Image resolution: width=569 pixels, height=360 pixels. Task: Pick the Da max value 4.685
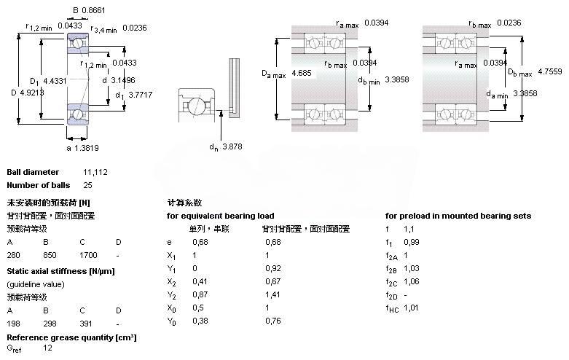coord(302,74)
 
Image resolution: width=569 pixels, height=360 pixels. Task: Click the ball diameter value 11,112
coord(95,172)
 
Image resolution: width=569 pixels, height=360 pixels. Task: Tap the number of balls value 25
coord(88,185)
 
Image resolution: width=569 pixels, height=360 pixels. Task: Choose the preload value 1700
coord(88,255)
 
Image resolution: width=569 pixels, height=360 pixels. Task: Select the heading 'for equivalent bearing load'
coord(221,216)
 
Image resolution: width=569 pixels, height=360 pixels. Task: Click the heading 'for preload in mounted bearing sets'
coord(458,216)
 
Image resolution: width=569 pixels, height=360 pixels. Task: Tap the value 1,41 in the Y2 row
coord(273,294)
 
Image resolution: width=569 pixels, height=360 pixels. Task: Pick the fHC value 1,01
coord(412,308)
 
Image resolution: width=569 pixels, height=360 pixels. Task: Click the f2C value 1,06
coord(412,281)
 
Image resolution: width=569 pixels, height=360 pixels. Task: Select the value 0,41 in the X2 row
coord(199,281)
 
